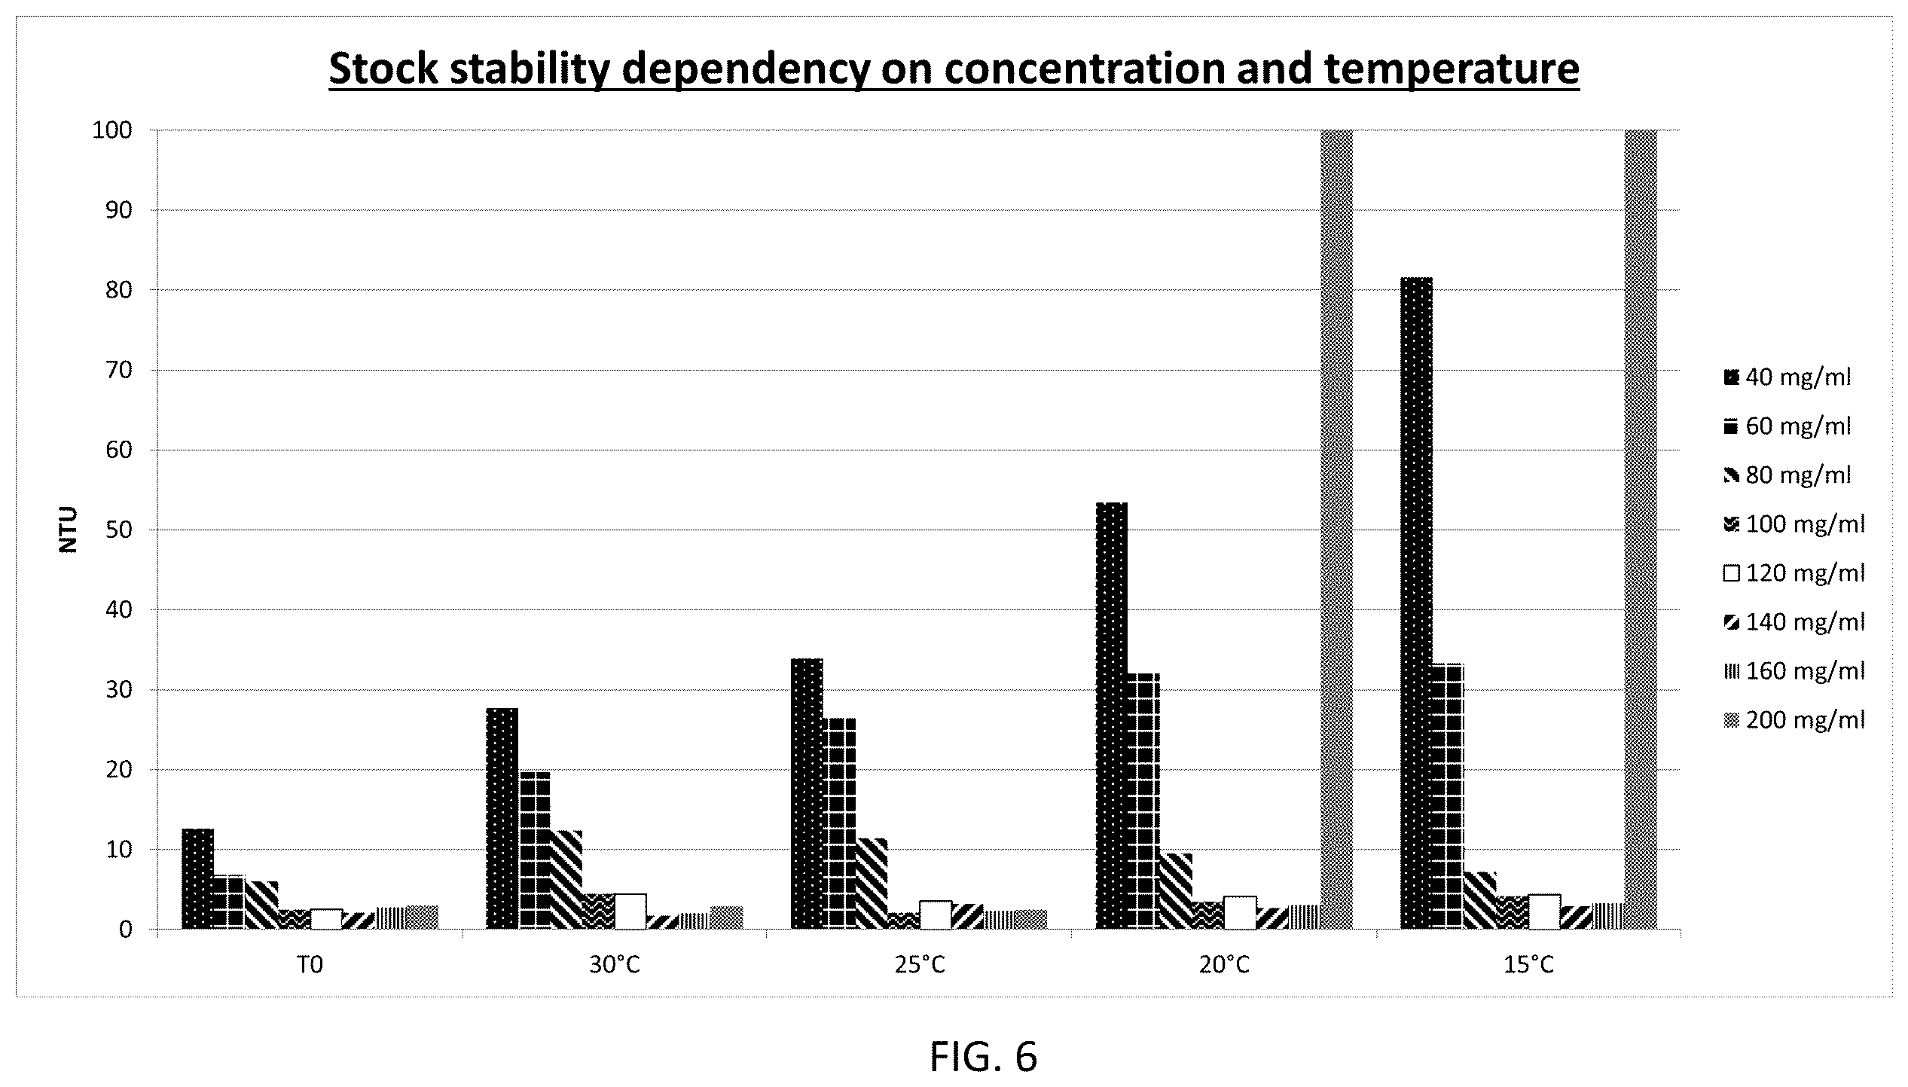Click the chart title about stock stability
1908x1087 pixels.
pyautogui.click(x=954, y=69)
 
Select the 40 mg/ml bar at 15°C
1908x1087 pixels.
pyautogui.click(x=1416, y=603)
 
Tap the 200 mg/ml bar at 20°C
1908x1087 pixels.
pyautogui.click(x=1336, y=530)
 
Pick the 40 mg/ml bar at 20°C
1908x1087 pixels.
pyautogui.click(x=1112, y=716)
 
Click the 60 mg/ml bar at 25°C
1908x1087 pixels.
pyautogui.click(x=839, y=823)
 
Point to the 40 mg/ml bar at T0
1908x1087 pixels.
pyautogui.click(x=198, y=879)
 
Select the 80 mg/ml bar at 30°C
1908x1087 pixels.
pyautogui.click(x=566, y=880)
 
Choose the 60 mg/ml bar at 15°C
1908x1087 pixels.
pyautogui.click(x=1448, y=796)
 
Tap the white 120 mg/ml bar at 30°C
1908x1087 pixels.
pyautogui.click(x=630, y=911)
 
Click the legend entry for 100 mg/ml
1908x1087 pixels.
pyautogui.click(x=1794, y=524)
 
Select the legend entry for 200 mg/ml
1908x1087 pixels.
pyautogui.click(x=1794, y=719)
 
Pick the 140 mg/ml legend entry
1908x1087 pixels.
pyautogui.click(x=1794, y=621)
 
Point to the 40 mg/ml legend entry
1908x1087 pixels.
pyautogui.click(x=1787, y=377)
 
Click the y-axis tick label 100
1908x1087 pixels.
pyautogui.click(x=111, y=131)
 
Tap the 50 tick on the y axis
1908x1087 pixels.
pyautogui.click(x=119, y=530)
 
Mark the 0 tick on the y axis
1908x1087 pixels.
pyautogui.click(x=125, y=930)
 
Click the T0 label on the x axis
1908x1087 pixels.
pyautogui.click(x=310, y=965)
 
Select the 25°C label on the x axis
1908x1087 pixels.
pyautogui.click(x=920, y=965)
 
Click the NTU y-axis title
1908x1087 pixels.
pyautogui.click(x=69, y=530)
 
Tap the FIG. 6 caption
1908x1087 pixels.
pyautogui.click(x=983, y=1057)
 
